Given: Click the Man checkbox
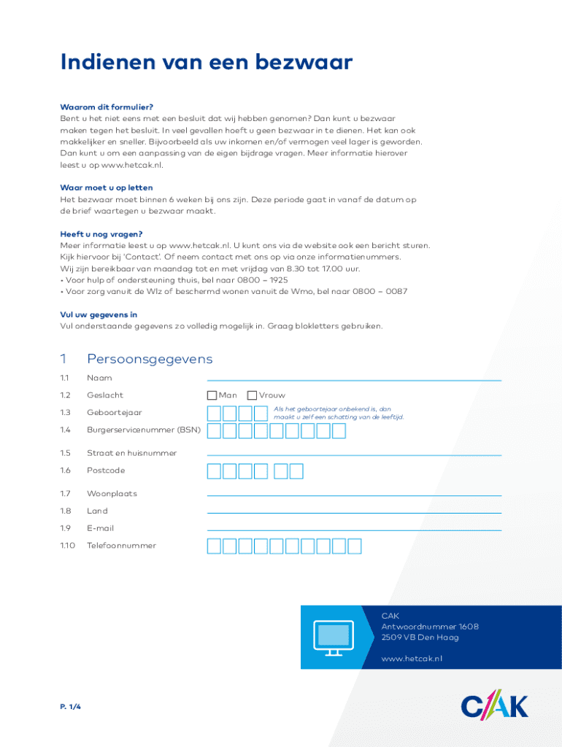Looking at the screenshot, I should pos(212,395).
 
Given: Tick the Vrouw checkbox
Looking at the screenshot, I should pos(252,395).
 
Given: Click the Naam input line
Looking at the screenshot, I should pos(354,379).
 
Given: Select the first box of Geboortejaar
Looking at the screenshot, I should pos(215,414).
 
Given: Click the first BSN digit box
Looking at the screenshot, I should pos(215,431).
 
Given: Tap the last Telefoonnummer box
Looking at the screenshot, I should pos(355,546).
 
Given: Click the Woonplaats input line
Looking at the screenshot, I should pos(354,494).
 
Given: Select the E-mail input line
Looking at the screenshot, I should pos(354,529).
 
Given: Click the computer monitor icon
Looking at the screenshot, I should pos(333,637).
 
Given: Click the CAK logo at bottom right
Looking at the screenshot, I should pos(494,706).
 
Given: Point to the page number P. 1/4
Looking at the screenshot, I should pos(70,707).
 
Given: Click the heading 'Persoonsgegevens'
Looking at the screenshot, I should pos(150,359).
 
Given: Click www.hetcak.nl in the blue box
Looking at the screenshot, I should pos(412,659).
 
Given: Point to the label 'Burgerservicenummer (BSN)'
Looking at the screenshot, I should pos(143,430).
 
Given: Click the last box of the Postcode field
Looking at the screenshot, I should pos(296,471).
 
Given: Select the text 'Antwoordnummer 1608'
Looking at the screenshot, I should pos(430,627).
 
